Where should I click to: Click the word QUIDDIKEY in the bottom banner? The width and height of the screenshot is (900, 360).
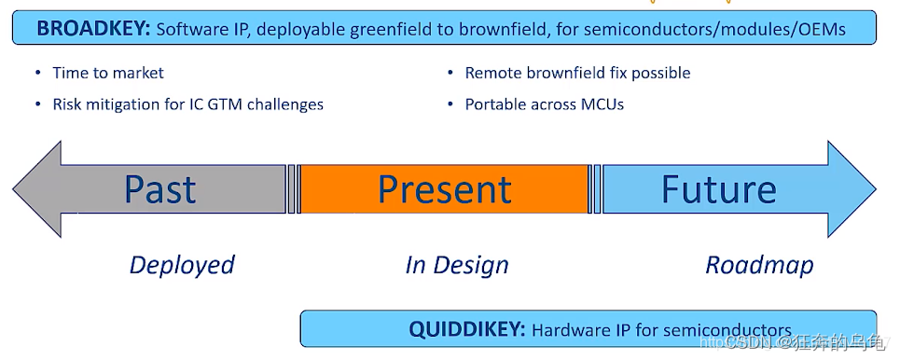tap(466, 329)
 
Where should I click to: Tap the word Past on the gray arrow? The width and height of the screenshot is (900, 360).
tap(160, 190)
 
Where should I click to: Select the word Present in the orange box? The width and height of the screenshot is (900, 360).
tap(445, 189)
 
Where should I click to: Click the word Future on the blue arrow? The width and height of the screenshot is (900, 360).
tap(719, 188)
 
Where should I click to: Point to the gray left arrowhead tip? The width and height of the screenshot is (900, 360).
tap(13, 189)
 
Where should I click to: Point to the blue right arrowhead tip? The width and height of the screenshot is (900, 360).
tap(876, 189)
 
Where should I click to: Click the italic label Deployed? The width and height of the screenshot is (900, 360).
tap(182, 265)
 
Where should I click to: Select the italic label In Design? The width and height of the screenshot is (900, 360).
tap(457, 265)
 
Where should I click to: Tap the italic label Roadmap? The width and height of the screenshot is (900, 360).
tap(759, 265)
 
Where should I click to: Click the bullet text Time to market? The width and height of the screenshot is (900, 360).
tap(108, 73)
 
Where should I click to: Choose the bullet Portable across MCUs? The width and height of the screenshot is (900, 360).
tap(544, 104)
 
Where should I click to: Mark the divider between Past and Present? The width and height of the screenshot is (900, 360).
tap(291, 189)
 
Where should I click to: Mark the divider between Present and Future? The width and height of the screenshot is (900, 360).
tap(597, 189)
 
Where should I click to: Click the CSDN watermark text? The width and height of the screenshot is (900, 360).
tap(744, 343)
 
